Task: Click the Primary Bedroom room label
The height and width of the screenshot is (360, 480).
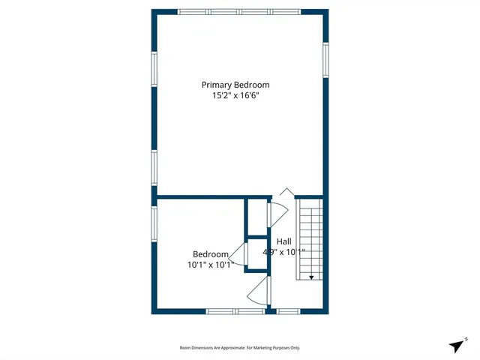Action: point(235,85)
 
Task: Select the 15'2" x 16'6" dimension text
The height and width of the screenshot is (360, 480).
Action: point(235,96)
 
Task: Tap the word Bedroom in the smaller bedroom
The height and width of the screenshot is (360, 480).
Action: point(210,254)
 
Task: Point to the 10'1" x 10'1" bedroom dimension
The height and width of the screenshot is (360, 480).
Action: point(210,265)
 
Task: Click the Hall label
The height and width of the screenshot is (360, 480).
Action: point(284,241)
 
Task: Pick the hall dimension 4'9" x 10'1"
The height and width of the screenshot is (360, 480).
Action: point(284,252)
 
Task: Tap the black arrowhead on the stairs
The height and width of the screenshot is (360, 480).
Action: point(311,277)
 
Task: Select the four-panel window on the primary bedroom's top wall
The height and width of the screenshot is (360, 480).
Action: point(239,12)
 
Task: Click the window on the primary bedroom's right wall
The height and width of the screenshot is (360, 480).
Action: point(325,60)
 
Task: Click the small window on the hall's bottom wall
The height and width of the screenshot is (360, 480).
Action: point(289,310)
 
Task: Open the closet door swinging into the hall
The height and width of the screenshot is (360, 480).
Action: point(276,213)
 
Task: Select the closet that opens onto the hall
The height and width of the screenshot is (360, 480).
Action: point(257,217)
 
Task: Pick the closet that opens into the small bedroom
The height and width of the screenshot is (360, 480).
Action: point(257,253)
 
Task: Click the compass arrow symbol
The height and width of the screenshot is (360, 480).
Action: point(457,345)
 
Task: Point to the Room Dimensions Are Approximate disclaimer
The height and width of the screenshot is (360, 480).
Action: point(239,347)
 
